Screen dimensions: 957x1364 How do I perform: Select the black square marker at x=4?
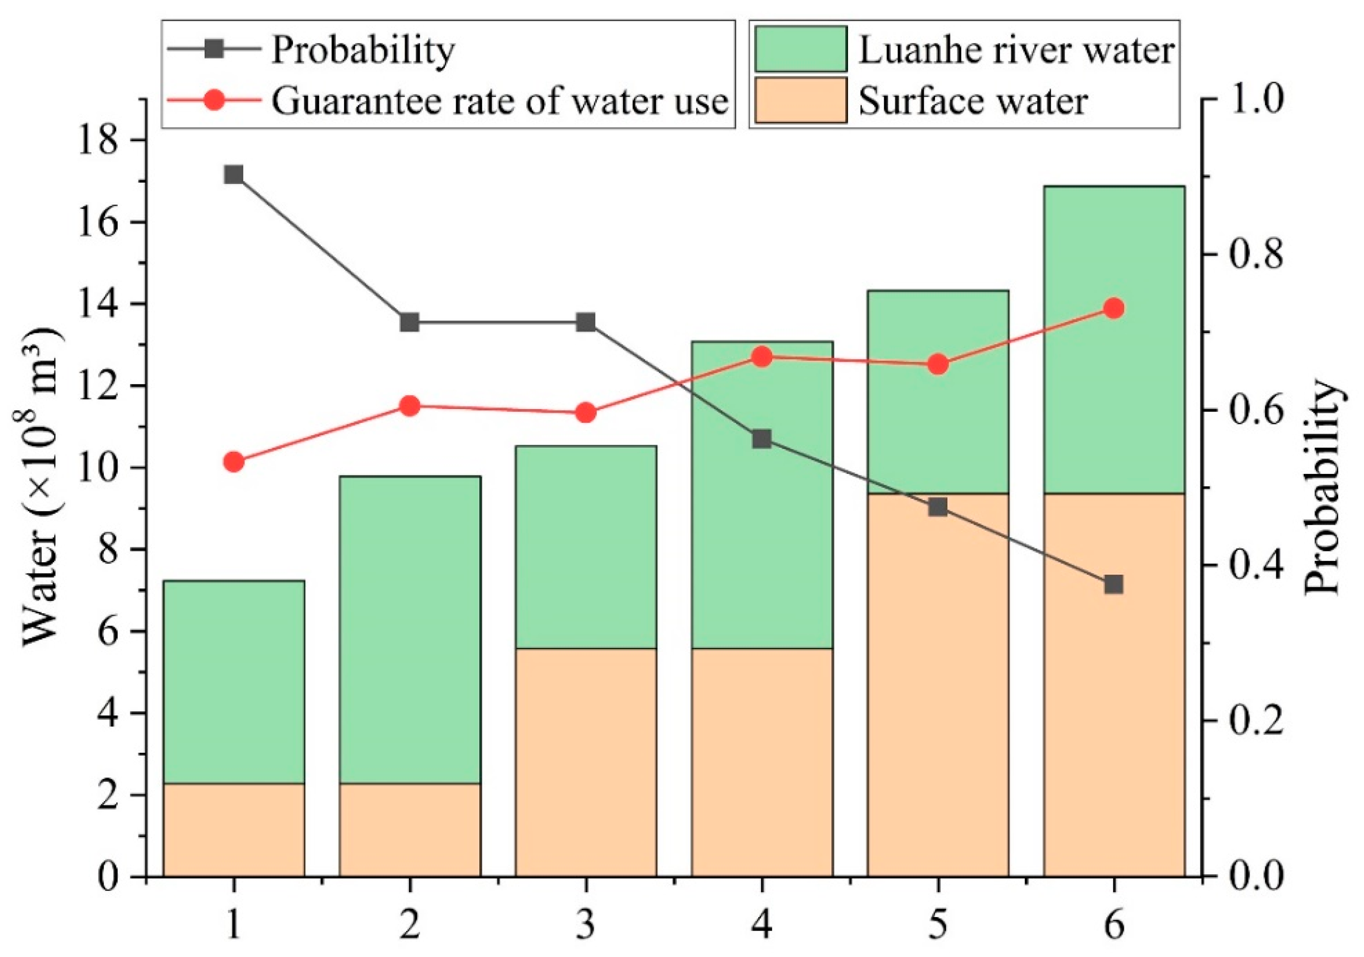point(762,439)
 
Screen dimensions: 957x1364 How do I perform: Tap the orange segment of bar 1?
point(234,830)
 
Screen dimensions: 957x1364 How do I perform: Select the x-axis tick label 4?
point(762,925)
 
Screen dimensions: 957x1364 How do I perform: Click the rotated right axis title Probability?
point(1322,487)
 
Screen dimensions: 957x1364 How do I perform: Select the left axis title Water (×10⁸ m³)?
point(42,487)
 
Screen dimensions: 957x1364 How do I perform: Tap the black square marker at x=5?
point(937,507)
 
